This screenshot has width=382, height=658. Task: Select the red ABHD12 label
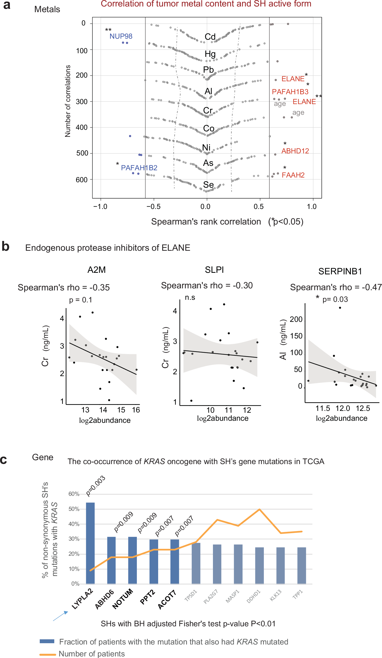tap(295, 151)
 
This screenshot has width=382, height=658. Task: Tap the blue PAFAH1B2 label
tap(139, 168)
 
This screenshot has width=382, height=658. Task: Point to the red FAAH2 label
tap(293, 175)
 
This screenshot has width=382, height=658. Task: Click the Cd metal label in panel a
tap(210, 37)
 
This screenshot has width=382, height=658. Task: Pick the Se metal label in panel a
tap(208, 185)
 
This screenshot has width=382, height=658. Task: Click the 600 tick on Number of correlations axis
tap(82, 180)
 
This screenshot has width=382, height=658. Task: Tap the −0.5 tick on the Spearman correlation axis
tap(153, 207)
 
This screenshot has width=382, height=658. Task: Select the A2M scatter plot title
tap(96, 270)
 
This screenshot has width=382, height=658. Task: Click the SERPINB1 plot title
tap(340, 271)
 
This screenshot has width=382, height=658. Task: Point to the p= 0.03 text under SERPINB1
tap(335, 299)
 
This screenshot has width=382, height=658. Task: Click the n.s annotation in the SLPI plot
tap(190, 297)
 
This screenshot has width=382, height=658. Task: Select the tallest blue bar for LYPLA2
tap(90, 543)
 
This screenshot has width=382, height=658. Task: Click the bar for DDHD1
tap(259, 565)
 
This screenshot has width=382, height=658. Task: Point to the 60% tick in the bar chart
tap(74, 494)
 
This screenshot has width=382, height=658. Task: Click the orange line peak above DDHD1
tap(259, 509)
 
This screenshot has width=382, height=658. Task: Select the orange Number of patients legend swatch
tap(47, 654)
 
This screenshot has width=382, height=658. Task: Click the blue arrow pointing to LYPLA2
tap(60, 616)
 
